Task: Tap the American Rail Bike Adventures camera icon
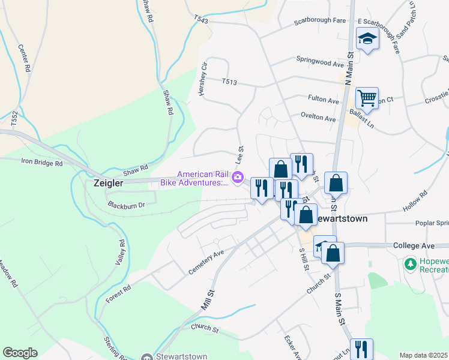pyautogui.click(x=238, y=176)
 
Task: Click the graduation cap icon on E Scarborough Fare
pyautogui.click(x=367, y=40)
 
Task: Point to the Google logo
pyautogui.click(x=20, y=353)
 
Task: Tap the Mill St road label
pyautogui.click(x=208, y=300)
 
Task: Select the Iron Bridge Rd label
pyautogui.click(x=42, y=163)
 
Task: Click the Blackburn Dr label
pyautogui.click(x=127, y=205)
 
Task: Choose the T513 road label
pyautogui.click(x=230, y=82)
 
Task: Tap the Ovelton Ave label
pyautogui.click(x=318, y=119)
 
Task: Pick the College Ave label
pyautogui.click(x=413, y=246)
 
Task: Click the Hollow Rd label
pyautogui.click(x=415, y=201)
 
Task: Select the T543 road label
pyautogui.click(x=201, y=20)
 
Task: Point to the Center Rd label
pyautogui.click(x=24, y=58)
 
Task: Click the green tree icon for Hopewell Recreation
pyautogui.click(x=411, y=263)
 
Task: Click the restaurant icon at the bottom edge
pyautogui.click(x=361, y=348)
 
